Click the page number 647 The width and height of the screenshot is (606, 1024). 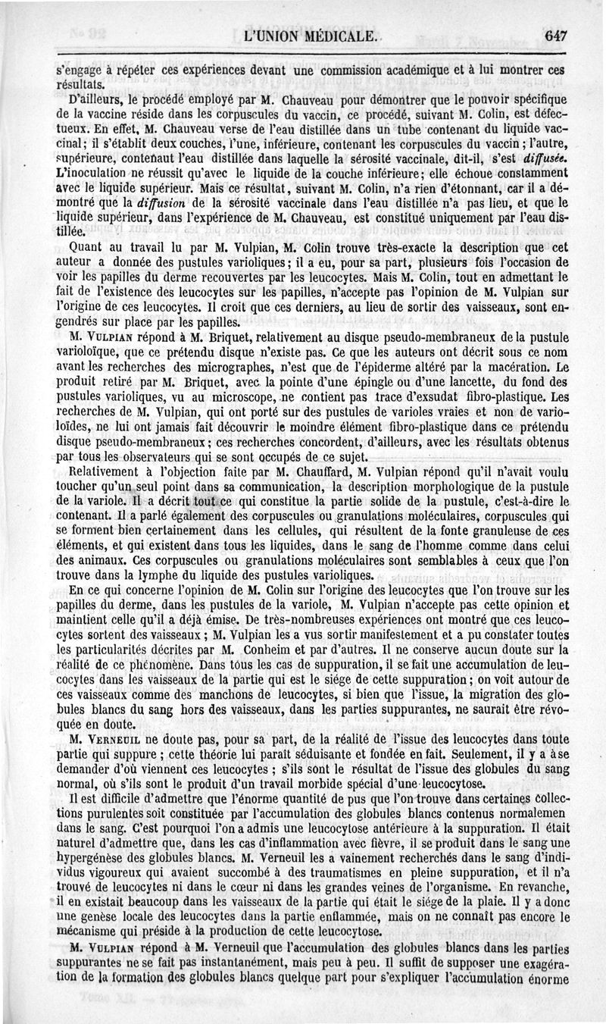point(555,35)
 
